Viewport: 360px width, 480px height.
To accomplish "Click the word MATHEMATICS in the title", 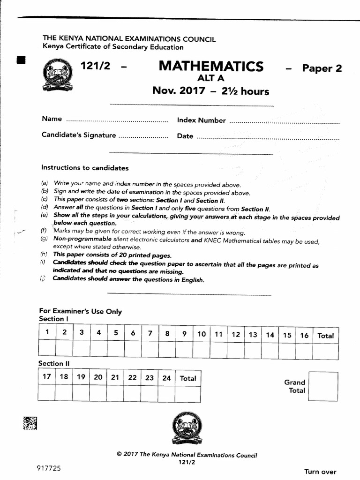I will pos(211,67).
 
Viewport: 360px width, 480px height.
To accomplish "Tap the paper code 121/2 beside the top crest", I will pos(96,67).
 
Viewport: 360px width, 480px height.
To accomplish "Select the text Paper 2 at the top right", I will pos(322,68).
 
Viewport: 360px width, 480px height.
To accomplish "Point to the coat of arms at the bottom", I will pos(186,428).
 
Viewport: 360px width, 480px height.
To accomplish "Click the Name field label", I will pos(52,119).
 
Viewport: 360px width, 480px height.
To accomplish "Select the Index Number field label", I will pos(201,120).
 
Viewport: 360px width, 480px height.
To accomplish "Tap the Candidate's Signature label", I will pos(78,135).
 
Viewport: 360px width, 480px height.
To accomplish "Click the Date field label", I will pos(185,136).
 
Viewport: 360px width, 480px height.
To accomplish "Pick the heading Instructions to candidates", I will pos(85,168).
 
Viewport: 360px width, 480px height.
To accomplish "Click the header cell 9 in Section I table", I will pos(184,334).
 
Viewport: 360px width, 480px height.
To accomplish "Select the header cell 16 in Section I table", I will pos(304,335).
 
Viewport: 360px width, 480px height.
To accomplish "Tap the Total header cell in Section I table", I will pos(325,336).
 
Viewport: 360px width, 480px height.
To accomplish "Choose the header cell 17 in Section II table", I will pos(46,377).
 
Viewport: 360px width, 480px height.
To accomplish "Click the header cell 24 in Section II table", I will pos(166,378).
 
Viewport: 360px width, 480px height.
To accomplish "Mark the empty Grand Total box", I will pos(323,386).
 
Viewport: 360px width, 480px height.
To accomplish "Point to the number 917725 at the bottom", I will pos(46,468).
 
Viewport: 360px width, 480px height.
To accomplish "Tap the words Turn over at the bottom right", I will pos(320,472).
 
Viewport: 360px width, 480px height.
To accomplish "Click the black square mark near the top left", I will pos(21,60).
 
